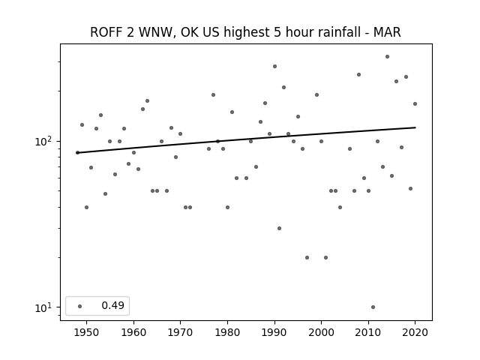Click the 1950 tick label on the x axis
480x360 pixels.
[x=87, y=332]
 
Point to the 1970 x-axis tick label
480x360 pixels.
[x=180, y=332]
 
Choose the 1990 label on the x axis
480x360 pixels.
[x=274, y=332]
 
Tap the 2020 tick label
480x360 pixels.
[x=415, y=332]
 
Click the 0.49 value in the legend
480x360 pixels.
[x=113, y=305]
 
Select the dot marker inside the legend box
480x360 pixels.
[x=80, y=306]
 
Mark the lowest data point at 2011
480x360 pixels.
[x=373, y=307]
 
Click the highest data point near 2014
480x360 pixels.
[x=387, y=57]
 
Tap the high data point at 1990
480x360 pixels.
[x=274, y=67]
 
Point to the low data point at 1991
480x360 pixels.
[x=279, y=228]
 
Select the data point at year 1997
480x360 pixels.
[x=307, y=257]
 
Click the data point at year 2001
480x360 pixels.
[x=325, y=257]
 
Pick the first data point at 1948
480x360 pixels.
[x=77, y=152]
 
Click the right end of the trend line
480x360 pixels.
[x=415, y=127]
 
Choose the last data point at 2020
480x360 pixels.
[x=415, y=103]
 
